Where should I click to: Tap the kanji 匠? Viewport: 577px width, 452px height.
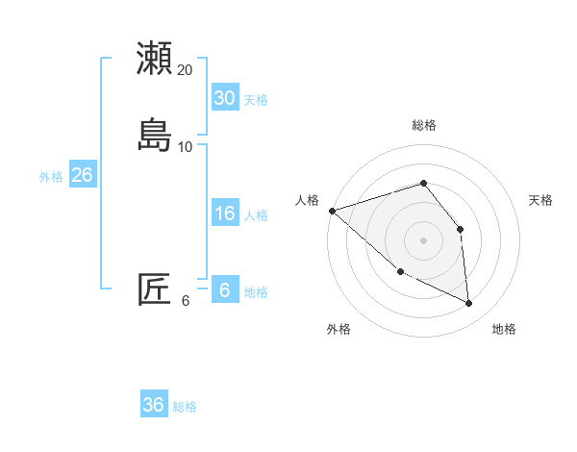pos(155,289)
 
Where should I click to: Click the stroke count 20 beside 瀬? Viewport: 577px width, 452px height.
pos(186,70)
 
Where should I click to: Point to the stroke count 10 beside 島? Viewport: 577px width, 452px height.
pos(186,147)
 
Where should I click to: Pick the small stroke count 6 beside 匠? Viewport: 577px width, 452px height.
pos(186,301)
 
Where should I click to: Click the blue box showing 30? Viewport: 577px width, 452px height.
pos(224,97)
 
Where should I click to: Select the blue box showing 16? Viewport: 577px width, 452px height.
pos(224,213)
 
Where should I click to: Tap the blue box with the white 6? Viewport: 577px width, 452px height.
pos(224,289)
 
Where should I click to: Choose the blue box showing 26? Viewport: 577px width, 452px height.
pos(82,175)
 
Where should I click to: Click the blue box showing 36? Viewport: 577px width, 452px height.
pos(153,405)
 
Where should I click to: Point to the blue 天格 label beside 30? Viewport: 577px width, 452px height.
pos(256,100)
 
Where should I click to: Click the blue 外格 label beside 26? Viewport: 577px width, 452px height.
pos(51,177)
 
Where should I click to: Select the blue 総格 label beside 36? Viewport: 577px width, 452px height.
pos(185,407)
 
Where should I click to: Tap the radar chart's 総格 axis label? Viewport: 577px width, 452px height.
pos(424,125)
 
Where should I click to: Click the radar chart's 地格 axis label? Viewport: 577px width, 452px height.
pos(504,330)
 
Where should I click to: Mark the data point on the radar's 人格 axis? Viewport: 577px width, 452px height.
pos(332,210)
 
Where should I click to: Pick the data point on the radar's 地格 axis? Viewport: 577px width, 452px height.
pos(469,304)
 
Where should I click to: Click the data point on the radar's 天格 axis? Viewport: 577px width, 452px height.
pos(460,229)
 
